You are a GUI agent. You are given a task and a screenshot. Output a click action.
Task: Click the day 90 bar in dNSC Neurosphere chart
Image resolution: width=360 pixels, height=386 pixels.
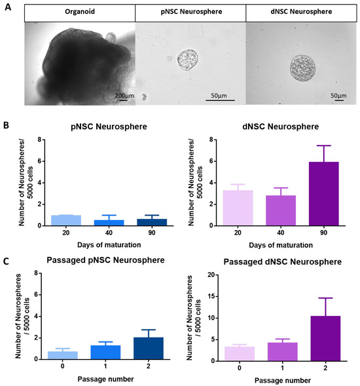322,193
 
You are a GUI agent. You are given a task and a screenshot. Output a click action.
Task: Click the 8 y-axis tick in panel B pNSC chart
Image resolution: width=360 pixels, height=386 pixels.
40,140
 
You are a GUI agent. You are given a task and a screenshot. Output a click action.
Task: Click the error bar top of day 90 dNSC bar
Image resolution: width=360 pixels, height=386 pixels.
322,145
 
